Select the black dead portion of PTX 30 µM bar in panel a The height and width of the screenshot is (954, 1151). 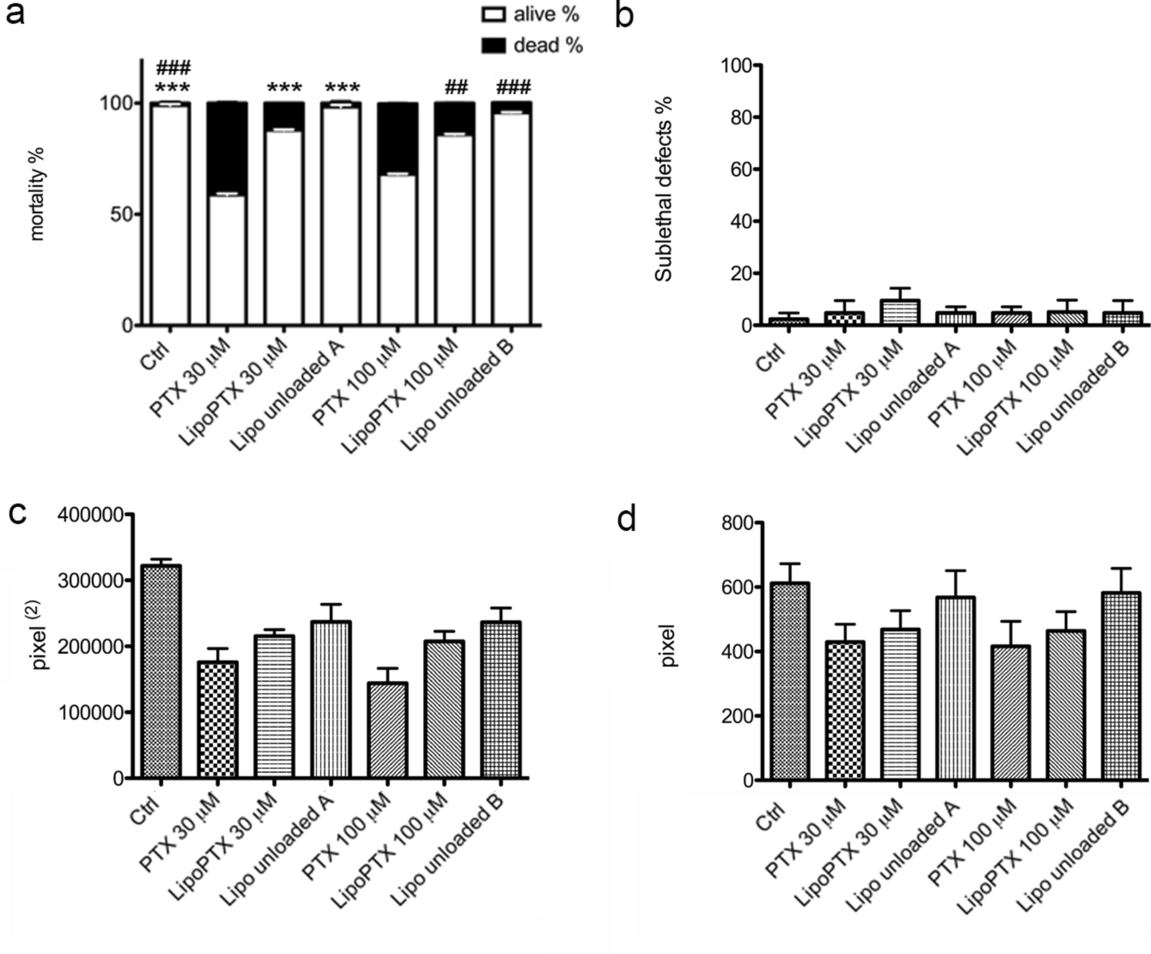coord(227,148)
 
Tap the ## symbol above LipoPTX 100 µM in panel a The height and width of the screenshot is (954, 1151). coord(456,88)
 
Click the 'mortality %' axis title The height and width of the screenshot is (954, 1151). coord(37,194)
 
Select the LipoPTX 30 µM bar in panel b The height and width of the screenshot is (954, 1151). coord(900,312)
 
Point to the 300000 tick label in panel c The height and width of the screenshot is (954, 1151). coord(91,581)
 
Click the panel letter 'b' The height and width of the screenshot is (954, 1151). coord(624,16)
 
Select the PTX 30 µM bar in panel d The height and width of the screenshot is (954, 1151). coord(845,711)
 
